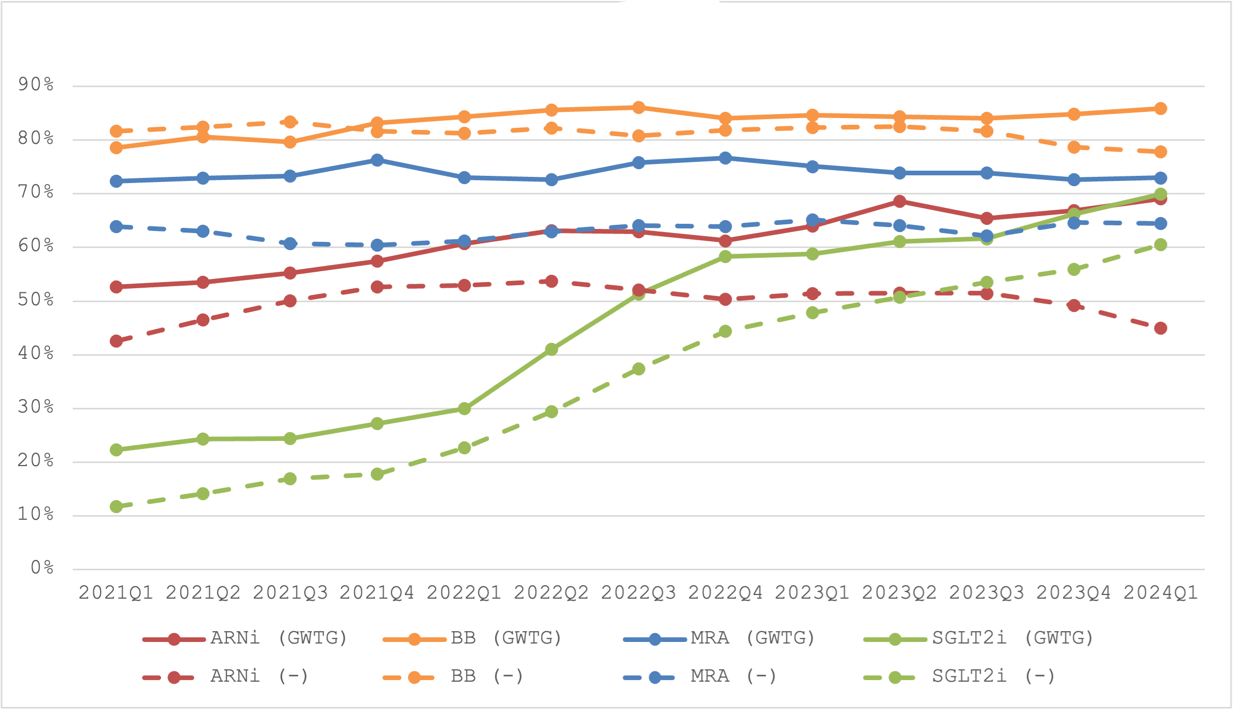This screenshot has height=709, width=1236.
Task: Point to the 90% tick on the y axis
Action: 36,84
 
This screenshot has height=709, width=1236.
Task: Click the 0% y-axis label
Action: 42,568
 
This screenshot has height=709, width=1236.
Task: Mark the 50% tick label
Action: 36,300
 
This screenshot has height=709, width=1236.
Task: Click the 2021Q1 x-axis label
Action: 116,593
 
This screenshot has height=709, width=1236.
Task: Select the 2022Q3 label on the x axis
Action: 638,593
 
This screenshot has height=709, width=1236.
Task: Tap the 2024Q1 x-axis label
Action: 1160,593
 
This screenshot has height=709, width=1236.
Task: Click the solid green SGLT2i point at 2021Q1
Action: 117,450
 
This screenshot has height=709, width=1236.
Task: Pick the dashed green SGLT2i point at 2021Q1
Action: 117,506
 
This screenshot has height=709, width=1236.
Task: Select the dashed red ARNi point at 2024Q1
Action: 1161,328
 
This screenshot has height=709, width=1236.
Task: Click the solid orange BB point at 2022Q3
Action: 638,107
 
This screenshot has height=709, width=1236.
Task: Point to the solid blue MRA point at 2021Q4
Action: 377,160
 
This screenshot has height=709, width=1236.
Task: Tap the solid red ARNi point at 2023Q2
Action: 900,201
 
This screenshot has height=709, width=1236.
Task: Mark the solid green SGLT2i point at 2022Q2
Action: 552,349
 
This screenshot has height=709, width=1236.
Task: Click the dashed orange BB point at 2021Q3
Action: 290,122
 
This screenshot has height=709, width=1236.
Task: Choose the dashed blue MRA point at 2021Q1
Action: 117,226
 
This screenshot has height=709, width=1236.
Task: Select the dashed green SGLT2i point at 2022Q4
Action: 726,331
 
